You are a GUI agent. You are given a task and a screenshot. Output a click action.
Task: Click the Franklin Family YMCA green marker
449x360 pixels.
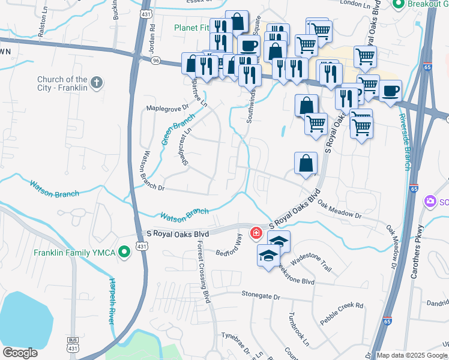point(124,253)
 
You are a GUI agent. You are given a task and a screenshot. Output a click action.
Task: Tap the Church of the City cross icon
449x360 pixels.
point(97,82)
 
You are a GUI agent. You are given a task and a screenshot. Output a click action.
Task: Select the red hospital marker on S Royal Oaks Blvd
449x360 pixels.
point(256,232)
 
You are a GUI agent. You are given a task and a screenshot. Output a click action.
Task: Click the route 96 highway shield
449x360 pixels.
point(139,60)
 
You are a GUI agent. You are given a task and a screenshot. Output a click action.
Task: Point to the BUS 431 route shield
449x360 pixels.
point(73,345)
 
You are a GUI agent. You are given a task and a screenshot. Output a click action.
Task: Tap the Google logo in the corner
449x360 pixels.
point(20,353)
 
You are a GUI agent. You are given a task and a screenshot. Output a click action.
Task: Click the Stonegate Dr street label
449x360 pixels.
point(261,296)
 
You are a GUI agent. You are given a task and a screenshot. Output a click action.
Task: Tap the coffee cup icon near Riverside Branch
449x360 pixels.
point(390,91)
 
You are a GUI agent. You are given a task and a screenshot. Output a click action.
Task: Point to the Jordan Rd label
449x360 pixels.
point(152,35)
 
